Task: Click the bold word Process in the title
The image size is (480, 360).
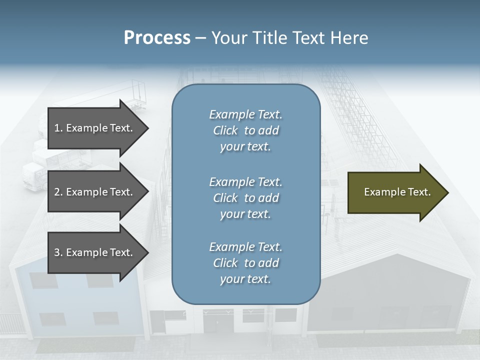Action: click(x=157, y=38)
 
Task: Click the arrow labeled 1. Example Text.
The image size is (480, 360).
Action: click(x=95, y=128)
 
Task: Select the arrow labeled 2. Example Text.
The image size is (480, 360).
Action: click(x=95, y=192)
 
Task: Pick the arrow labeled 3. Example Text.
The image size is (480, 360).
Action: click(x=95, y=252)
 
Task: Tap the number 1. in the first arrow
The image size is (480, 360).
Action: click(x=58, y=128)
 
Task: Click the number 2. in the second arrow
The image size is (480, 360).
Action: click(x=58, y=192)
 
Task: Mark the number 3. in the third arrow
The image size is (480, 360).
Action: click(x=58, y=252)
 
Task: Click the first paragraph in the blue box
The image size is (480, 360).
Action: click(x=245, y=130)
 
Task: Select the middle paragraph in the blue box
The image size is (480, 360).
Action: click(x=245, y=198)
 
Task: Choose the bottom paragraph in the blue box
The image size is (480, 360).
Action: click(x=245, y=263)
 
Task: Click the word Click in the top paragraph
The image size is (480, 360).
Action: click(x=225, y=130)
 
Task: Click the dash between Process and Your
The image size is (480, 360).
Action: click(x=200, y=38)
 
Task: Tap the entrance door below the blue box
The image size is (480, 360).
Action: click(x=218, y=325)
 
